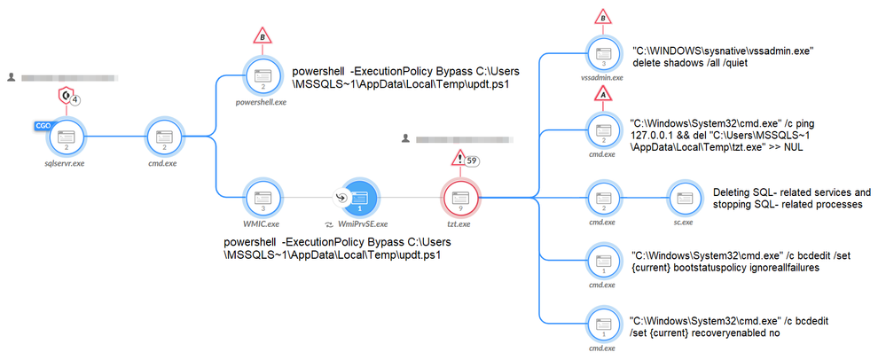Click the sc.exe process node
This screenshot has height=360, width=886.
[682, 197]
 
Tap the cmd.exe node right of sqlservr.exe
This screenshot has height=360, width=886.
[163, 137]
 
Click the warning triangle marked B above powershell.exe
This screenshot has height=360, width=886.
[262, 35]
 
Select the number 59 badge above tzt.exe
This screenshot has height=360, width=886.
[474, 161]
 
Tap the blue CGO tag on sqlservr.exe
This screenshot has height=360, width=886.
[43, 125]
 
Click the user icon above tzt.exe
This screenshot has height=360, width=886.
[405, 138]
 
